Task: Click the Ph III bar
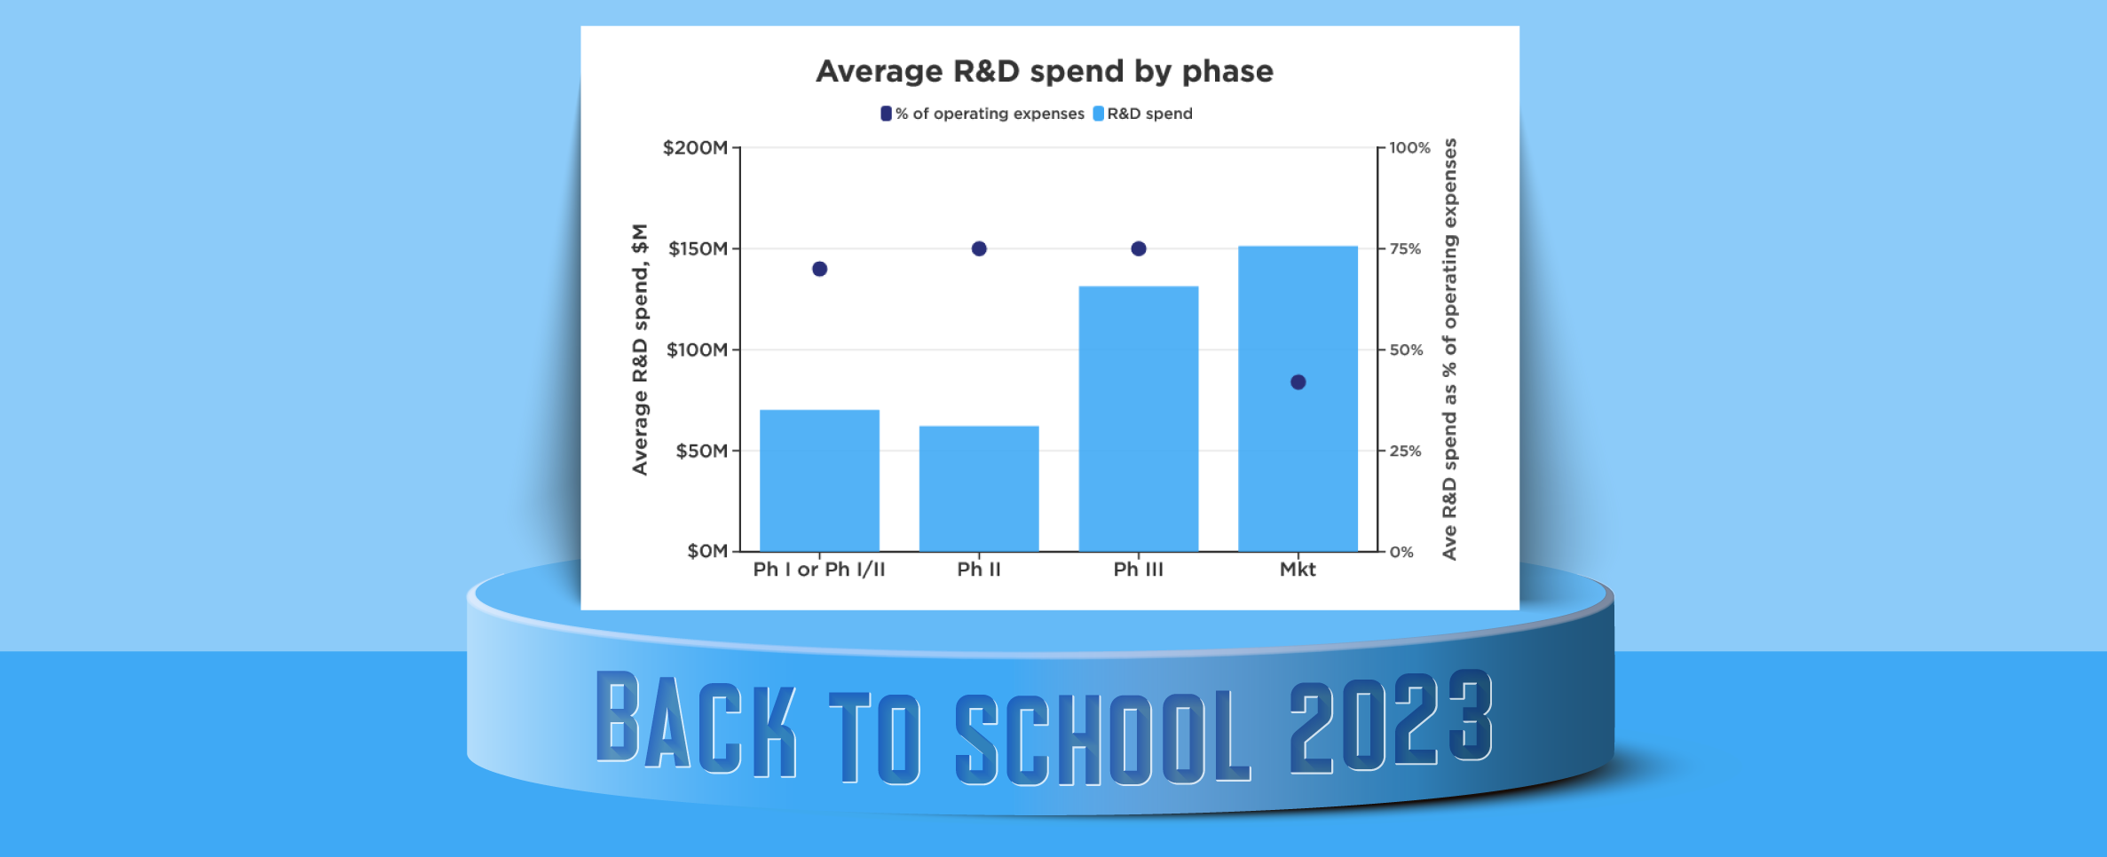click(1138, 419)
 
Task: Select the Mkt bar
click(1298, 398)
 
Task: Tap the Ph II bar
click(979, 489)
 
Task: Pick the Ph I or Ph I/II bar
click(819, 481)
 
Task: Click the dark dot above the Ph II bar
click(979, 248)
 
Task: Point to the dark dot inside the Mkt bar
click(1298, 382)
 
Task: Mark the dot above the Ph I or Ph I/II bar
click(819, 269)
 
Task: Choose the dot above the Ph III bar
click(1139, 248)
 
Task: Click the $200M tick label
click(695, 148)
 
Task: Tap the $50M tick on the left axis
click(702, 451)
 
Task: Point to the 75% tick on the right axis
click(1405, 249)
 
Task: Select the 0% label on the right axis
click(1401, 552)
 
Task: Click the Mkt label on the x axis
click(1298, 570)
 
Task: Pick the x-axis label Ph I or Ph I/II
click(819, 570)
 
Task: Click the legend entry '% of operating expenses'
click(982, 114)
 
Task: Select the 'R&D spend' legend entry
click(1143, 114)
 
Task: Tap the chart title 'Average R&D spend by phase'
click(1045, 71)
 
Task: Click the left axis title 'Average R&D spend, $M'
click(640, 350)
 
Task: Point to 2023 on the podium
click(1391, 721)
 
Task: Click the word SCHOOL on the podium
click(1103, 738)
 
